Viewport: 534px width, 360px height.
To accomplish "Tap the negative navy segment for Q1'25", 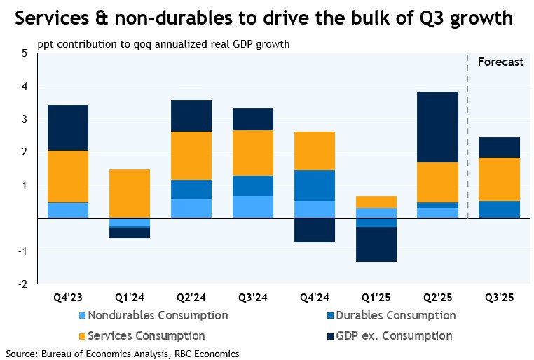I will (x=376, y=244).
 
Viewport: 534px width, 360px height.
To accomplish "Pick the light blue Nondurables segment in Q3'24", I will (x=253, y=207).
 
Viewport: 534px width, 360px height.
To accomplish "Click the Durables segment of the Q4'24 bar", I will (x=315, y=186).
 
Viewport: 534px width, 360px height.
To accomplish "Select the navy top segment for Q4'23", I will (x=67, y=127).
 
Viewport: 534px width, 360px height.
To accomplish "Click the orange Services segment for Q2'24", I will (x=191, y=155).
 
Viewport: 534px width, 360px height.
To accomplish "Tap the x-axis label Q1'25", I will (x=376, y=297).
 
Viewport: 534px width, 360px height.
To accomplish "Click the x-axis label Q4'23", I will (x=67, y=297).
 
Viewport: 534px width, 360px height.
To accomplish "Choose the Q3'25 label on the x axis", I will (x=500, y=297).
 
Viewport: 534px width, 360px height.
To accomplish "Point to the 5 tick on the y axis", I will (x=25, y=53).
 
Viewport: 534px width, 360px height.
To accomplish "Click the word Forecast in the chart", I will (x=500, y=62).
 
